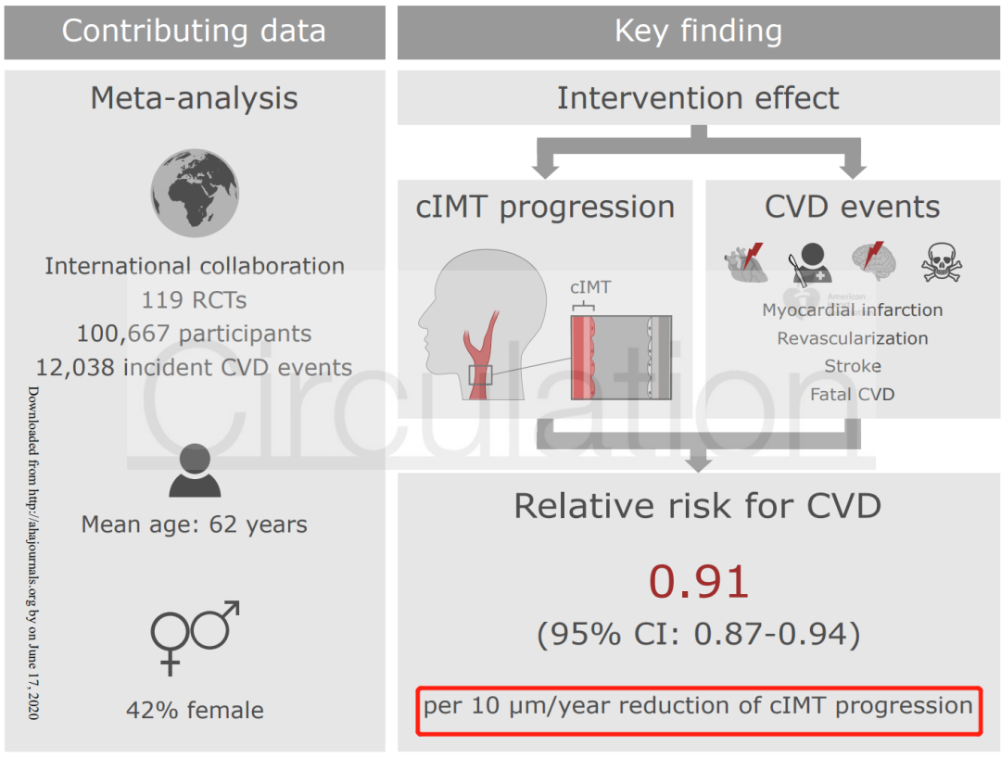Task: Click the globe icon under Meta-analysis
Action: [x=195, y=193]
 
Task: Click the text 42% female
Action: [x=195, y=711]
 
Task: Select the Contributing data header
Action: [x=194, y=31]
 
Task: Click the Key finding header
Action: [x=698, y=31]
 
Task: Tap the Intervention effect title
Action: [x=698, y=97]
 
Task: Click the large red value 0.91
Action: [x=698, y=581]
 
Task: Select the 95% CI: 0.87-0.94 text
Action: [x=698, y=634]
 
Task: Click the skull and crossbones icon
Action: [x=942, y=263]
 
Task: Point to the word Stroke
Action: [x=853, y=366]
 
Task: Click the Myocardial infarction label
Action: [x=853, y=310]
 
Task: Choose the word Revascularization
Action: [x=853, y=338]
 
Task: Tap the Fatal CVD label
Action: [x=853, y=395]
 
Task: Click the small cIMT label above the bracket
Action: [x=590, y=287]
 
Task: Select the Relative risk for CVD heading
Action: [x=698, y=506]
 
